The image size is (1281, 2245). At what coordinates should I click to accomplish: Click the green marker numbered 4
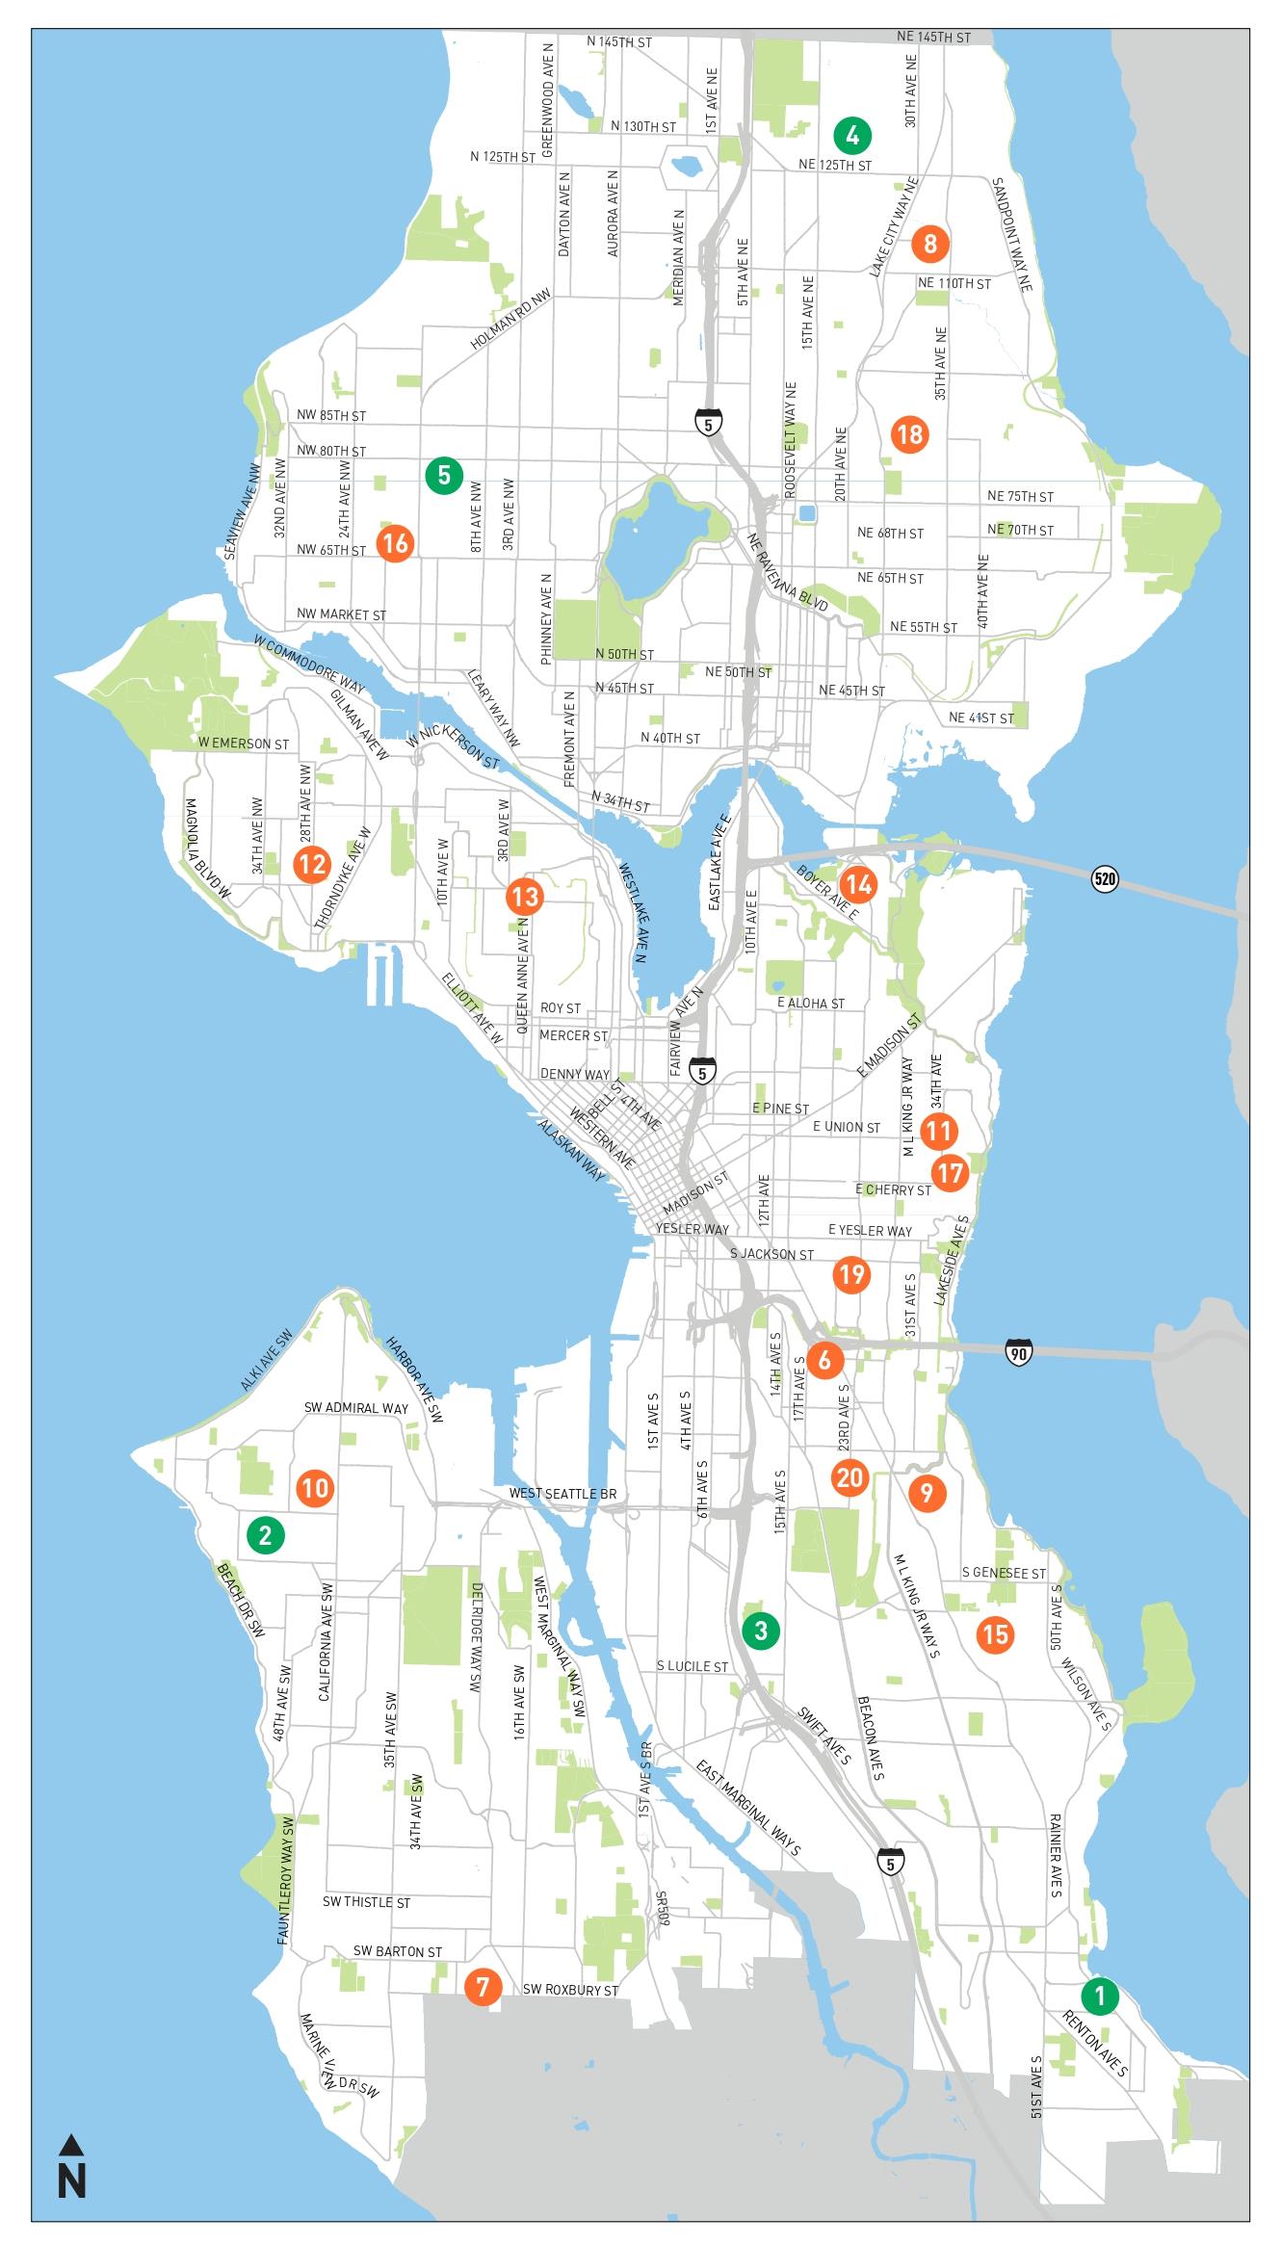(x=851, y=136)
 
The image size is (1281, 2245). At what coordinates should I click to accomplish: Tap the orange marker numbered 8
(x=929, y=244)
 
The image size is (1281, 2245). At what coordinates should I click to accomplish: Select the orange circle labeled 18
(x=909, y=434)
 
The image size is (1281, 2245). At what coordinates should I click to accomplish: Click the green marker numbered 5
(x=444, y=475)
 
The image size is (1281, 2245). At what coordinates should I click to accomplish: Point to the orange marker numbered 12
(x=312, y=864)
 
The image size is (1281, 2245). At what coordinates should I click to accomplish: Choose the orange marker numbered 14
(x=857, y=884)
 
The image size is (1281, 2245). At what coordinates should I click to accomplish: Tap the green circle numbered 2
(x=266, y=1534)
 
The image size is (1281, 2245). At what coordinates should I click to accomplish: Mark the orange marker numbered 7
(x=483, y=1986)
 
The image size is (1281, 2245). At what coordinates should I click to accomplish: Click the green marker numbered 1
(x=1099, y=1996)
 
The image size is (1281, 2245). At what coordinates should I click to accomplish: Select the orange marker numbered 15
(x=995, y=1633)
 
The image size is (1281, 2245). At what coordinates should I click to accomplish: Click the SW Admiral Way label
(x=356, y=1408)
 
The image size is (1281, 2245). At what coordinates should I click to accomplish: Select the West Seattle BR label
(x=562, y=1494)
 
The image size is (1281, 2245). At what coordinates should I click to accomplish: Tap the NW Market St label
(x=341, y=614)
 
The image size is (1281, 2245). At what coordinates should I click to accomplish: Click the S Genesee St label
(x=1004, y=1573)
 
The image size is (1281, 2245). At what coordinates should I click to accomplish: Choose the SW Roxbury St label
(x=570, y=1990)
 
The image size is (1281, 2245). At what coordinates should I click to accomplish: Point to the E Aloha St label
(x=811, y=1004)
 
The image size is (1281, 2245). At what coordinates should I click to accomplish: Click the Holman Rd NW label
(x=510, y=320)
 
